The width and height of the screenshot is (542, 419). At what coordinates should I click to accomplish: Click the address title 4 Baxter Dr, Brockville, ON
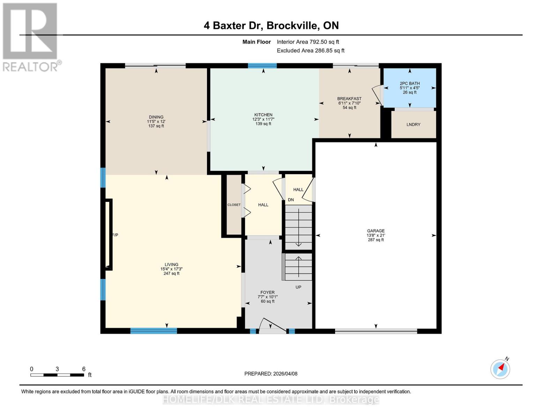pos(271,25)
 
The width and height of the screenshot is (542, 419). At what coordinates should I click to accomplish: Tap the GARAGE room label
pos(376,231)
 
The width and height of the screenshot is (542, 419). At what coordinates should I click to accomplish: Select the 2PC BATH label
pos(409,83)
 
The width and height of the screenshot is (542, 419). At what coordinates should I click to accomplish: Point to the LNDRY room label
pos(413,125)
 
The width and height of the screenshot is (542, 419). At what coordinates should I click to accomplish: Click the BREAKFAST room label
pos(349,99)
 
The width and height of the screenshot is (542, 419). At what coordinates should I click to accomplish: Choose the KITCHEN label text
pos(263,115)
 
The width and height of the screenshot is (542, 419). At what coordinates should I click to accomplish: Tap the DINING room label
pos(156,117)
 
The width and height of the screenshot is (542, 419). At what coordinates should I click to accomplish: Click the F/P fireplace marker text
pos(115,235)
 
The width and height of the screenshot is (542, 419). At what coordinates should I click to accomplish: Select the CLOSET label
pos(234,205)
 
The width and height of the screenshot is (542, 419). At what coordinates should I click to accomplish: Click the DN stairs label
pos(291,200)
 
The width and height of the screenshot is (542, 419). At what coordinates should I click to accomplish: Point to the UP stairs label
pos(298,287)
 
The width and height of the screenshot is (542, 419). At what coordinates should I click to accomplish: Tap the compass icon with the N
pos(500,369)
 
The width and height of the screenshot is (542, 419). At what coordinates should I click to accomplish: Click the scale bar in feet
pos(57,375)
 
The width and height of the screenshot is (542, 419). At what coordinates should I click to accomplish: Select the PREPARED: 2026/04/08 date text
pos(271,374)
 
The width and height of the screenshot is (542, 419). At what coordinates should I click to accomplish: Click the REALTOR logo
pos(31,37)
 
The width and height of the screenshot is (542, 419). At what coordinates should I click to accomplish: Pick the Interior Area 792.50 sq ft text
pos(308,42)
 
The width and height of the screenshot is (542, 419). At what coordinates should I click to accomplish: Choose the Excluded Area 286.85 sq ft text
pos(311,51)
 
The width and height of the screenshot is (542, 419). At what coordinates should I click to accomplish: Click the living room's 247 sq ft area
pos(171,273)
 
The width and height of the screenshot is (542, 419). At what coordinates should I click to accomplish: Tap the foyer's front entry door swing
pos(272,325)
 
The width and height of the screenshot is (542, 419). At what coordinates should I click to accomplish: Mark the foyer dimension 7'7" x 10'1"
pos(268,297)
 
